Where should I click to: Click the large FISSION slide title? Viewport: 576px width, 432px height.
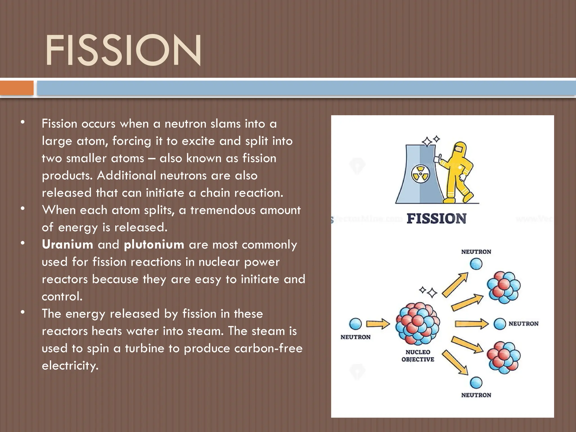pos(123,50)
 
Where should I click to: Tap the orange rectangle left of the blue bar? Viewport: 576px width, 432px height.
pos(17,88)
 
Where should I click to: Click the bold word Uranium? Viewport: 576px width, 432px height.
pos(67,244)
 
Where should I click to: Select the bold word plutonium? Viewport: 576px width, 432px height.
pos(154,244)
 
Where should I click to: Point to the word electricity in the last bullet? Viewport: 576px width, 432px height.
pos(70,365)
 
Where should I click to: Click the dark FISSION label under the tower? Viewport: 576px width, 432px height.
pos(436,219)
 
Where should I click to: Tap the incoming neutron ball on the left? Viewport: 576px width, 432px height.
pos(355,324)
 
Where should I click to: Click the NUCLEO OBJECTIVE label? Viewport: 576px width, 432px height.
pos(418,355)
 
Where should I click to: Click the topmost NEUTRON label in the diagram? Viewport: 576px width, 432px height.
pos(476,252)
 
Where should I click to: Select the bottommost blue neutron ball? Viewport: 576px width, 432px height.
pos(476,382)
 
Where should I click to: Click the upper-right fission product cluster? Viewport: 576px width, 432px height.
pos(503,287)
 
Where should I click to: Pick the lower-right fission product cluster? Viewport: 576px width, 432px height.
pos(503,357)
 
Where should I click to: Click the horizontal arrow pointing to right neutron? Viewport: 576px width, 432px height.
pos(472,324)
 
